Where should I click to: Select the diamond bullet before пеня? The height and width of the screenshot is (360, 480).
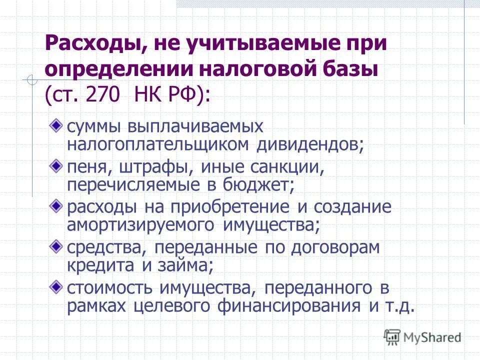click(x=58, y=164)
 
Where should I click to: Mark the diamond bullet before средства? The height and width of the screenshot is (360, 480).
click(x=58, y=245)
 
